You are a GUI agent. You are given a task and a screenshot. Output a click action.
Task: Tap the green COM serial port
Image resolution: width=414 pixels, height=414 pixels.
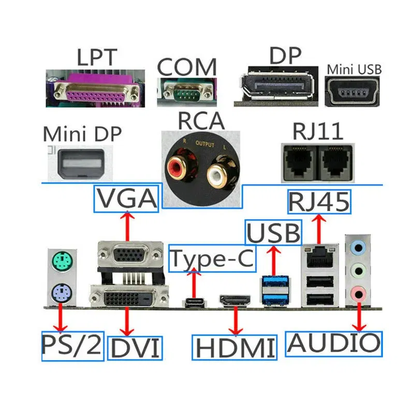coord(186,92)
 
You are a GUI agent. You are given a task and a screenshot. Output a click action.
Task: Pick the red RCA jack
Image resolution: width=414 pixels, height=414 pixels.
coord(179,167)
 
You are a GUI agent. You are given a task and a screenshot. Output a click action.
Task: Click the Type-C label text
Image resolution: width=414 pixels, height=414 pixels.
coord(213,259)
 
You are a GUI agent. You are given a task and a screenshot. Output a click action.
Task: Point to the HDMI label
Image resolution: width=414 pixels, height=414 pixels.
coord(234,347)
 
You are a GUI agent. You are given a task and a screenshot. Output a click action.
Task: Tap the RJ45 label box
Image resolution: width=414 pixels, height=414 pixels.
coord(319,201)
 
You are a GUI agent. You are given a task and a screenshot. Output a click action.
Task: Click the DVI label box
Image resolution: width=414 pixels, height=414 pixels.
coord(135,347)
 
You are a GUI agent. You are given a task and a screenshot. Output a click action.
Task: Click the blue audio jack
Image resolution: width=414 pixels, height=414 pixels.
coord(358,247)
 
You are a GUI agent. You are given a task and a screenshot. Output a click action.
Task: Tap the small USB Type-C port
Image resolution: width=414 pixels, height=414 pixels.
coord(195,302)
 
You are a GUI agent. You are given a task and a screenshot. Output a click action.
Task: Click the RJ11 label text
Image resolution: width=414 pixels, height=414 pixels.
coord(318,131)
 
